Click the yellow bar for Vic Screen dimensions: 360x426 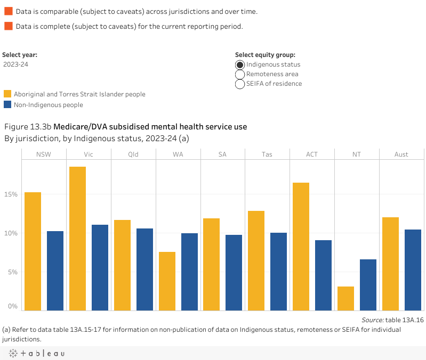pos(77,239)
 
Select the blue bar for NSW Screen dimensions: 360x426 pos(55,271)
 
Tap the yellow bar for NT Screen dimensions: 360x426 pos(345,298)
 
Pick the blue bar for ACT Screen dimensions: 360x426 pos(323,275)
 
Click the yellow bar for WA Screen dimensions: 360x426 pos(167,281)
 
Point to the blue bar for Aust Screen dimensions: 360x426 pos(413,269)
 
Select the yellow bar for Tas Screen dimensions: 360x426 pos(256,260)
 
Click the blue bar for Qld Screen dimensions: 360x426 pos(144,269)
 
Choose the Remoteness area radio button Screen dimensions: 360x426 pos(240,74)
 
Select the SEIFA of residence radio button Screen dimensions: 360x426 pos(240,84)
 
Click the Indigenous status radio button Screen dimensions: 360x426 pos(240,64)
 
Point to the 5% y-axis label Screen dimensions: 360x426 pos(12,272)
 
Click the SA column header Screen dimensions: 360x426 pos(222,154)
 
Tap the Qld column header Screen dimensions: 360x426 pos(133,154)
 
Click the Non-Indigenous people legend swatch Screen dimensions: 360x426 pos(8,105)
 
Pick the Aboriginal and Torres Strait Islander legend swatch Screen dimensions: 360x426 pos(8,94)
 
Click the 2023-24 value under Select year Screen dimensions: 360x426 pos(15,64)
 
